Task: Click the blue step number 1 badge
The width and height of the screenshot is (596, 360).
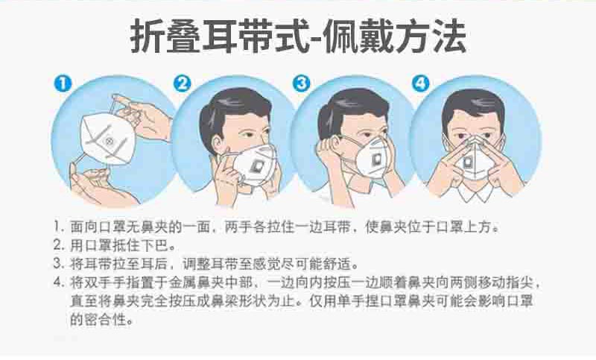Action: (63, 83)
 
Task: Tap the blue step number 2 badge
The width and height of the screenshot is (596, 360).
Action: (183, 83)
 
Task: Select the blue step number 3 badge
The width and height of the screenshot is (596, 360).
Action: (302, 83)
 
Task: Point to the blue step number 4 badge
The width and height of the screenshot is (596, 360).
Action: (421, 83)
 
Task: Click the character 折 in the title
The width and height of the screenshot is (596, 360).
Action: (147, 37)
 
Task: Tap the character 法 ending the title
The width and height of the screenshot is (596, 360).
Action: (449, 37)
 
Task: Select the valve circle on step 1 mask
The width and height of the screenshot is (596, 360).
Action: (110, 142)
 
